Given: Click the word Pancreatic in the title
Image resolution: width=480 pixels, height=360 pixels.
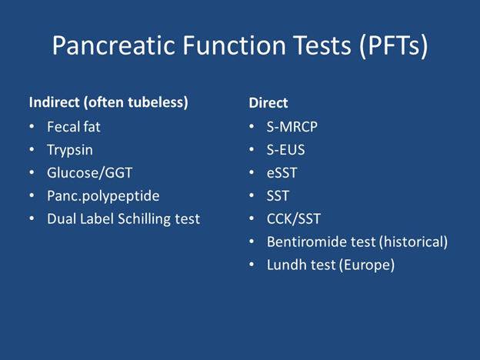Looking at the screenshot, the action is coord(113,45).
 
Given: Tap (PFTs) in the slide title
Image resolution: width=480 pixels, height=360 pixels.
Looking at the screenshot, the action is coord(393,46).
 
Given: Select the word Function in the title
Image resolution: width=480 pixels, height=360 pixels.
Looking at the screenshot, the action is coord(234,45).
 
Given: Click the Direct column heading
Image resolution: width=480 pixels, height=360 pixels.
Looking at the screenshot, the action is coord(268,103).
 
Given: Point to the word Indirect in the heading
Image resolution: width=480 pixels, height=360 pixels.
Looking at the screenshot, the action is coord(54,102).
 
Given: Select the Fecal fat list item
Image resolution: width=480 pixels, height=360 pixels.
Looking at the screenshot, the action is coord(74,127).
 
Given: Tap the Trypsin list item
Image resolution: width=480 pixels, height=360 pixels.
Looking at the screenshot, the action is coord(70,150).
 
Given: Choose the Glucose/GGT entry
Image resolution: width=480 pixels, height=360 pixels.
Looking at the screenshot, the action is coord(90,173).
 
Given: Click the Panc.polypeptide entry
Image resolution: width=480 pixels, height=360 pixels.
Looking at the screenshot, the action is coord(103,196).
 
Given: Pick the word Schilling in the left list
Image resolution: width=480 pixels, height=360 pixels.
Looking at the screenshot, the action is coord(144,219).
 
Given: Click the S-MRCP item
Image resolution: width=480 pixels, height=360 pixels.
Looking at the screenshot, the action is coord(292,127).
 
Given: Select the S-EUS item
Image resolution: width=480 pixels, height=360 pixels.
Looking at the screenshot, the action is coord(285,150).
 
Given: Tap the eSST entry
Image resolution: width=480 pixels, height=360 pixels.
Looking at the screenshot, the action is coord(282,173).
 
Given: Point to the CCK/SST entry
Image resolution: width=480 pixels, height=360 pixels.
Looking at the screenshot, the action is coord(294,219).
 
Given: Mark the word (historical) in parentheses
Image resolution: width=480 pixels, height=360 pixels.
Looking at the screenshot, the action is coord(413,242).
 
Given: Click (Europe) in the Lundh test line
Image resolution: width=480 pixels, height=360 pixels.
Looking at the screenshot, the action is coord(367,265).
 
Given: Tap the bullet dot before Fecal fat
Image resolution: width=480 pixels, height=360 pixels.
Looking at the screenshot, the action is coord(32,126).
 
